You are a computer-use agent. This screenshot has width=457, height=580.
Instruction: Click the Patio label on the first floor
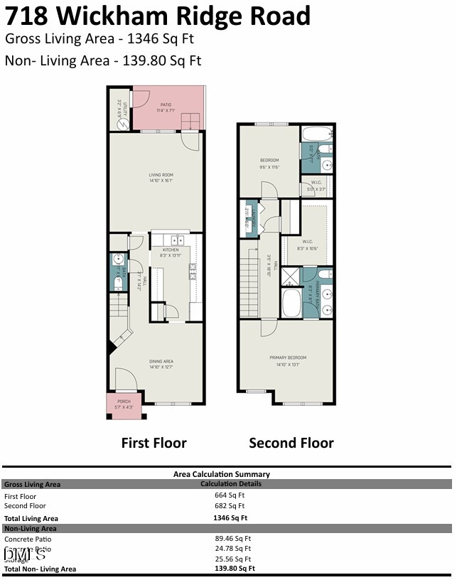(166, 107)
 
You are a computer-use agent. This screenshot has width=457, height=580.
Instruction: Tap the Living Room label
(161, 177)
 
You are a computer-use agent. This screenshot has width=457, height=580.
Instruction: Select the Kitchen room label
(171, 252)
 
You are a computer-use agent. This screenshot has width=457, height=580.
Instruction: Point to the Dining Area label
(161, 364)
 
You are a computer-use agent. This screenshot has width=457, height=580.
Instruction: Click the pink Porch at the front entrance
(124, 404)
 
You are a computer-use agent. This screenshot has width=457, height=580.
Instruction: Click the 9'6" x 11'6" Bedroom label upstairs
(269, 163)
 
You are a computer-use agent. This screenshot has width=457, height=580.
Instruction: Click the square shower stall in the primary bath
(291, 276)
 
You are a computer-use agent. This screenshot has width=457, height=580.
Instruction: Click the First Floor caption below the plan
(154, 443)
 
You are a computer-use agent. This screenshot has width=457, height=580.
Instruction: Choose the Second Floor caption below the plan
(291, 443)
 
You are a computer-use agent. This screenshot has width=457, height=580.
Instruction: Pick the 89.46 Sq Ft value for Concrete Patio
(233, 539)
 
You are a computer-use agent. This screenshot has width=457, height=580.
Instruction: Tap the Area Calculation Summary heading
(221, 474)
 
